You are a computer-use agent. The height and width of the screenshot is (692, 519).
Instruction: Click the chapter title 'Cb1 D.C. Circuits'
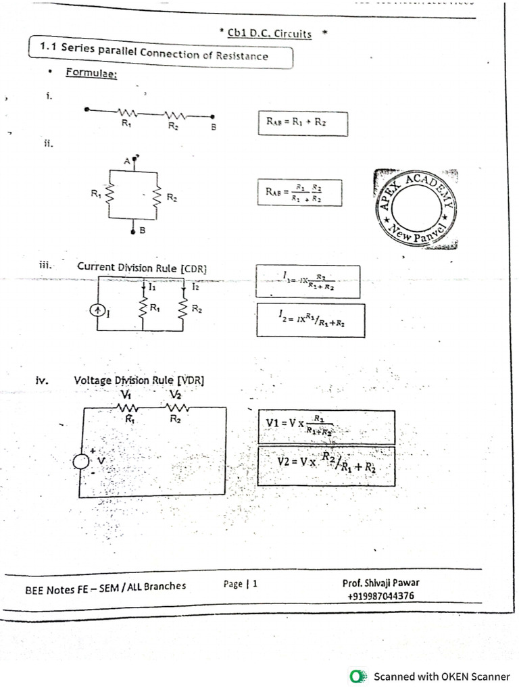point(270,34)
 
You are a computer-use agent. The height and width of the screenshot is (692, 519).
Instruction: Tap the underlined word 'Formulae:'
point(91,74)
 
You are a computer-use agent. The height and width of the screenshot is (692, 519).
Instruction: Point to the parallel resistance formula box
point(299,193)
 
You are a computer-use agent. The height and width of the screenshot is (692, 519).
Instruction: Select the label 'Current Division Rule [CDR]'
point(142,268)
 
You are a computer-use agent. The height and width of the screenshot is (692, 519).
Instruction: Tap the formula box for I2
point(310,320)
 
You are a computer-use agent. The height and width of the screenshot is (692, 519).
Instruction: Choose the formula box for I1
point(307,281)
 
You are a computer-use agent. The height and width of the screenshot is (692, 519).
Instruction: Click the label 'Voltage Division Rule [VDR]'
point(139,380)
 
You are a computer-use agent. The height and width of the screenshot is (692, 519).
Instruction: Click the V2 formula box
point(326,465)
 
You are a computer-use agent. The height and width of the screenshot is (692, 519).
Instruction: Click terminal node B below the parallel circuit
point(133,230)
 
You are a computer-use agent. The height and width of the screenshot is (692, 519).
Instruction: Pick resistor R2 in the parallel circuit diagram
point(157,197)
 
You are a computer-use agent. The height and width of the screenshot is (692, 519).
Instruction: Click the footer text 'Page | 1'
point(241,584)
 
